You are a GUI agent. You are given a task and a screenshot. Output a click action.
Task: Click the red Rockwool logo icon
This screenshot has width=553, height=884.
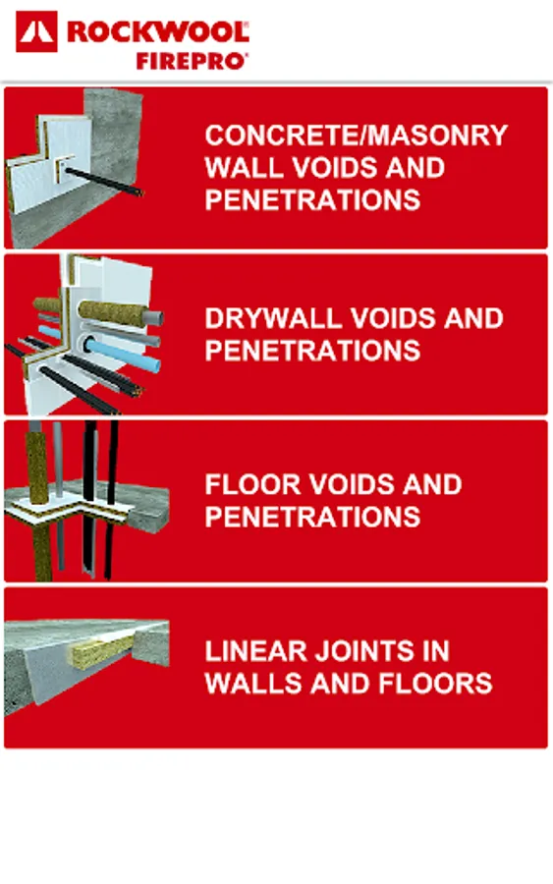36,31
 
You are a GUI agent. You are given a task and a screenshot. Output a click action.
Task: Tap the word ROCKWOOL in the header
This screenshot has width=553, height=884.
158,32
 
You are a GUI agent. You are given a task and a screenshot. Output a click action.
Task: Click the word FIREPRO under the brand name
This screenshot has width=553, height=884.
192,61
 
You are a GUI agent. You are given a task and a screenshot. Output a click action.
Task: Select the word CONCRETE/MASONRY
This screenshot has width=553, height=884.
357,136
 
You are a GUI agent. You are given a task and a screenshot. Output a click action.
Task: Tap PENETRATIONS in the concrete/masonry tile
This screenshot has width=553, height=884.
313,199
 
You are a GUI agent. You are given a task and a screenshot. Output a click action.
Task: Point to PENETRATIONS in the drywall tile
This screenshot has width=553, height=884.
313,351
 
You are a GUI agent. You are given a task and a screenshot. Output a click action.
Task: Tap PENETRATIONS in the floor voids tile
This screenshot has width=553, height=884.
313,517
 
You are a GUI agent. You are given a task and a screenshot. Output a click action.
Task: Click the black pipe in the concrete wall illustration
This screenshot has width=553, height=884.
102,182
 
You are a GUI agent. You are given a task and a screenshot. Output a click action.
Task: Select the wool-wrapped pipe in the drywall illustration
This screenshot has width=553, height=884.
113,311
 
